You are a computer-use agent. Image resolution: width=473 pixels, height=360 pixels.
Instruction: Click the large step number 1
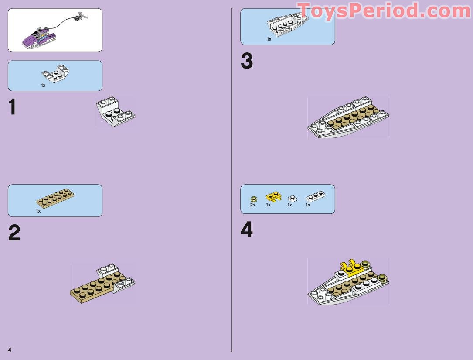[13, 108]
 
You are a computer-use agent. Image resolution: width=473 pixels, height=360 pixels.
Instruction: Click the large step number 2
[14, 233]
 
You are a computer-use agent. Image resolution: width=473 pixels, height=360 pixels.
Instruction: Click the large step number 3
[246, 62]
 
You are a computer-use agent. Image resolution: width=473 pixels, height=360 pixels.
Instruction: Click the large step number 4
[246, 230]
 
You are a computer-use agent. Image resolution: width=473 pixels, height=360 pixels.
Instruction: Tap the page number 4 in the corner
[9, 350]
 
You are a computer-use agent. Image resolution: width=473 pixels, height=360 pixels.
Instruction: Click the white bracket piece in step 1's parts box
[55, 73]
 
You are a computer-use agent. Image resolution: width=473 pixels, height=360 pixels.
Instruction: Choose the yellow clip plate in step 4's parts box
[273, 197]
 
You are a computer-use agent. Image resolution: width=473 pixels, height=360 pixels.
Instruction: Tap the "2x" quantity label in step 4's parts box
[253, 205]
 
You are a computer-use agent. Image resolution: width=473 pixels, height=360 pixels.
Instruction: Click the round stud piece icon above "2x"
[253, 199]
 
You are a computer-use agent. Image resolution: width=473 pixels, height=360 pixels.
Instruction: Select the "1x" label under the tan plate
[38, 211]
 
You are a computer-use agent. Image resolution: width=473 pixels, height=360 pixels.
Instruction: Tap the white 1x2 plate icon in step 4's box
[315, 197]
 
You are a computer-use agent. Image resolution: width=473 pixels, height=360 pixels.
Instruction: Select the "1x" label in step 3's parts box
[269, 39]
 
